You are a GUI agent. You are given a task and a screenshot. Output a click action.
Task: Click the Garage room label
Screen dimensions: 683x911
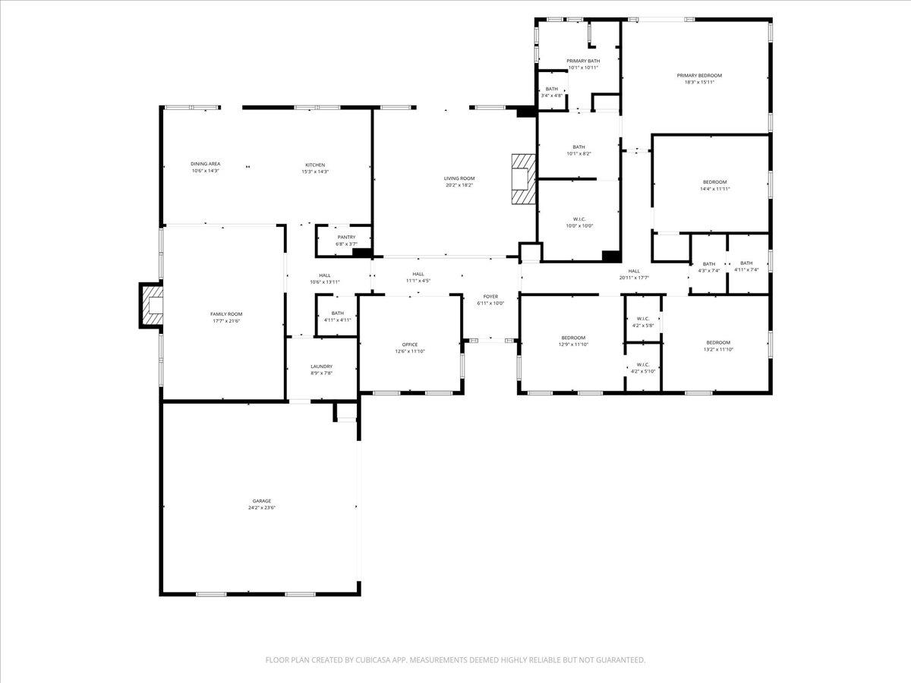tap(262, 501)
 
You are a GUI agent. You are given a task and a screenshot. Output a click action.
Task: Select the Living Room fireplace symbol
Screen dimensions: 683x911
tap(523, 178)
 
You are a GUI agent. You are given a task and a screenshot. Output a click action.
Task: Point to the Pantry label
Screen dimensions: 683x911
tap(346, 237)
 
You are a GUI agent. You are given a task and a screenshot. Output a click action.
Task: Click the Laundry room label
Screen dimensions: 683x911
tap(321, 367)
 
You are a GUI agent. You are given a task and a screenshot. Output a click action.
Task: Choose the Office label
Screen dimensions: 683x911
tap(410, 345)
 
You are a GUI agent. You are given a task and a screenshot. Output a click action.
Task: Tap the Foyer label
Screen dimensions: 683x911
tap(491, 296)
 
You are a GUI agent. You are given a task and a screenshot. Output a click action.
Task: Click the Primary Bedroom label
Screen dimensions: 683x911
tap(699, 75)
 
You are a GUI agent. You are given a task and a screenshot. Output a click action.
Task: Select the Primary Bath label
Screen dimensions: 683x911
tap(583, 61)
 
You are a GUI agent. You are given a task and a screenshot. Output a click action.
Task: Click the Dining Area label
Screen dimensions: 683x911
tap(205, 164)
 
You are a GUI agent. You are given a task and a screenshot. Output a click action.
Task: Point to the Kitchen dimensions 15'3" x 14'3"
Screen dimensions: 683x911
tap(315, 172)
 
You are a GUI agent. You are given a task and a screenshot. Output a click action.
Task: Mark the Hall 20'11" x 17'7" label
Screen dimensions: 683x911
tap(634, 271)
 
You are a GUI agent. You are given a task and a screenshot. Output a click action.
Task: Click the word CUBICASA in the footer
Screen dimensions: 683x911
tap(374, 660)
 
